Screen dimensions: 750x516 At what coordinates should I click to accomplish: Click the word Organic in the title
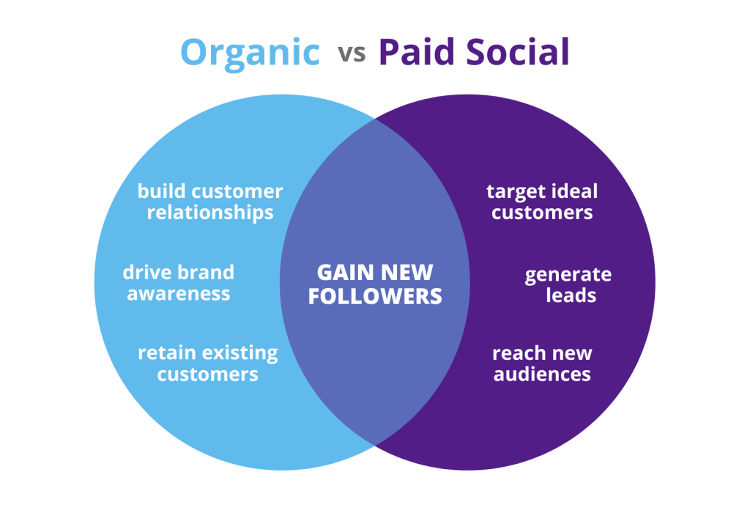[250, 54]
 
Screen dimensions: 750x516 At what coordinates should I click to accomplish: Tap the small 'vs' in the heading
[352, 54]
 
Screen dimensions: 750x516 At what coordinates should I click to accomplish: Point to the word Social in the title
[518, 52]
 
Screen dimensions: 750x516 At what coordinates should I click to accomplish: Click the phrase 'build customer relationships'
[210, 202]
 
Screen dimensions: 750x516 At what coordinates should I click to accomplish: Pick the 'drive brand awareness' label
[179, 282]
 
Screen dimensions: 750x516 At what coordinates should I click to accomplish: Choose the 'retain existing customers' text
[207, 363]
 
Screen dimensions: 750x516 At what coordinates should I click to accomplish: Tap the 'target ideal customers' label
[542, 202]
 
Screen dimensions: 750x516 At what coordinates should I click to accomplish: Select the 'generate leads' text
[568, 285]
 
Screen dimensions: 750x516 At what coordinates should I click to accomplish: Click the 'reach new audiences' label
[542, 364]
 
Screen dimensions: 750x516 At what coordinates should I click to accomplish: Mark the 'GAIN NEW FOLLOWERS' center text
[375, 284]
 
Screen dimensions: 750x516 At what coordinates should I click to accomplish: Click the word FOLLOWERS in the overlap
[375, 296]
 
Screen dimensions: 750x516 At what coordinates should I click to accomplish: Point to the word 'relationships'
[210, 213]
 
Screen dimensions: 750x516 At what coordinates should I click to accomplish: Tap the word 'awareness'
[179, 294]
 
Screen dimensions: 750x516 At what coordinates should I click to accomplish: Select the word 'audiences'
[542, 374]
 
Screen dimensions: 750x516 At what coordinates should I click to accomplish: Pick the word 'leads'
[571, 295]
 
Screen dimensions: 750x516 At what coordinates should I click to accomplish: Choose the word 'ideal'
[574, 191]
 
